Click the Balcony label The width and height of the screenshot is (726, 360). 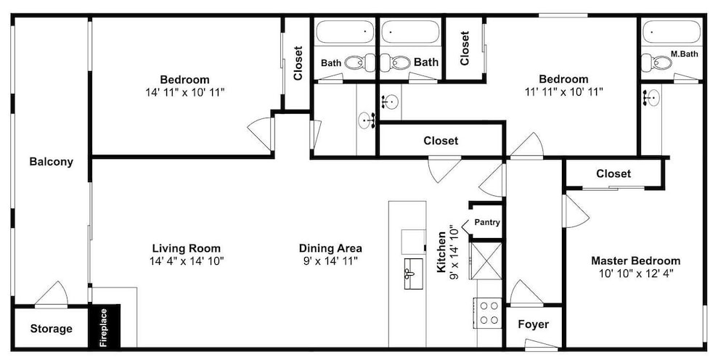point(51,162)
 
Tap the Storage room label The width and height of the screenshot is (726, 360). point(52,329)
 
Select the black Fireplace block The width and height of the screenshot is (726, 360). point(105,325)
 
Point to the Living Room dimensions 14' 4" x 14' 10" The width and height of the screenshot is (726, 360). point(187,261)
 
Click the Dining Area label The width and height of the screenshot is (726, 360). point(330,248)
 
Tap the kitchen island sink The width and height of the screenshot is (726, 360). point(414,274)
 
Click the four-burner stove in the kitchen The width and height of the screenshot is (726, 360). point(488,313)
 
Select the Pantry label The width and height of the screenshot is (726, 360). point(487,223)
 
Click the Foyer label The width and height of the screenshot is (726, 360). point(534,324)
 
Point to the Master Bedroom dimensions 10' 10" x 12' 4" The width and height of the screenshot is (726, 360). point(636,274)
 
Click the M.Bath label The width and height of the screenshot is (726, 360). point(685,54)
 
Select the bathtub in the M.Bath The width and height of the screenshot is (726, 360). point(672,32)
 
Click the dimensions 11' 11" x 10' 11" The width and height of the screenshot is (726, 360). point(563,92)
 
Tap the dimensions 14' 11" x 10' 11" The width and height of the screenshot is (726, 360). point(184,93)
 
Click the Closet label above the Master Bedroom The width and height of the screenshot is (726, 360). point(613,174)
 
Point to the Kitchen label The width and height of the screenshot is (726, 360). point(442,252)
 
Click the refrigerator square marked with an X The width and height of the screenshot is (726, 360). point(486,260)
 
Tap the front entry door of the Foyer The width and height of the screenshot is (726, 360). point(542,344)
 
